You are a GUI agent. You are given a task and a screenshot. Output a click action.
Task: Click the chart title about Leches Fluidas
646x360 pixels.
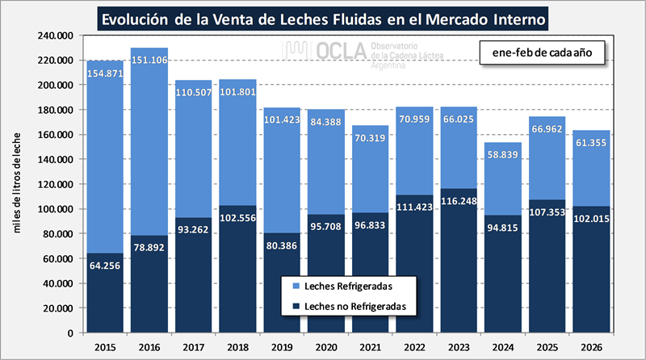323,17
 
